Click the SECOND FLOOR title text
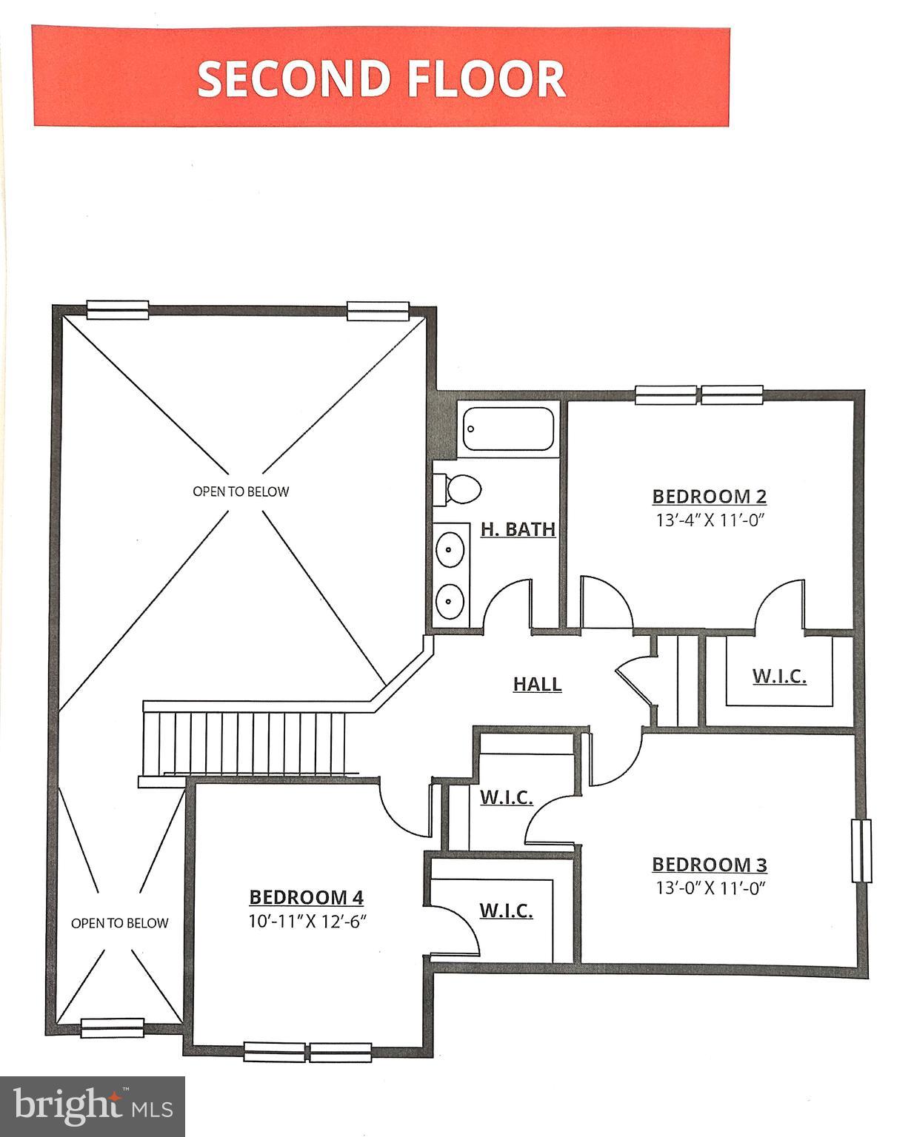[381, 78]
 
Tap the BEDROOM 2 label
[709, 496]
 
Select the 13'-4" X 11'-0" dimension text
[709, 520]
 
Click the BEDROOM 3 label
[709, 865]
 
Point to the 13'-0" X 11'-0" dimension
[709, 888]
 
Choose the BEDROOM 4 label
[307, 897]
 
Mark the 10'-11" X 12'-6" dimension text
[307, 922]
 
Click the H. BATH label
[518, 529]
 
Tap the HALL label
[537, 684]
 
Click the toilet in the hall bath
[459, 489]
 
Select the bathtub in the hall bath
[508, 429]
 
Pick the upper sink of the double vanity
[450, 549]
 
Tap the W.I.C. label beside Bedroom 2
[779, 676]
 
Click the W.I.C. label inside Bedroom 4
[506, 910]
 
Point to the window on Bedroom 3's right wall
[861, 851]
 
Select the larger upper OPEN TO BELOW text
[241, 492]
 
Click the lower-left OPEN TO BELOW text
[119, 923]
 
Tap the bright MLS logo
[93, 1106]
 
